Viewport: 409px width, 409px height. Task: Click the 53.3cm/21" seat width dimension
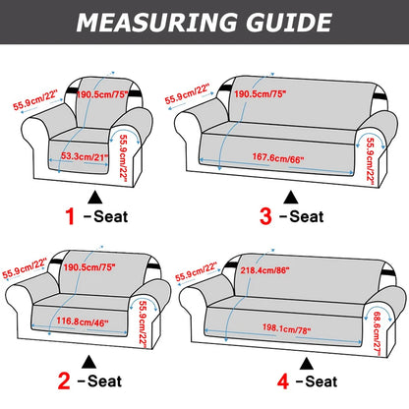pyautogui.click(x=83, y=154)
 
